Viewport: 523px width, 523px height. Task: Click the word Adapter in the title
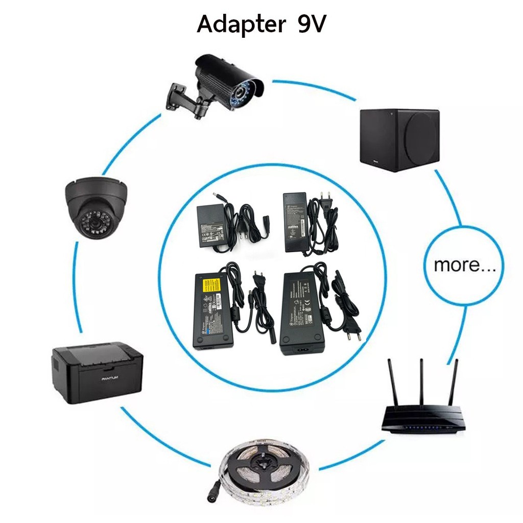click(x=240, y=25)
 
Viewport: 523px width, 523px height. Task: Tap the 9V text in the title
click(x=311, y=23)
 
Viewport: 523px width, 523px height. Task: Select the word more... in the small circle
click(x=464, y=265)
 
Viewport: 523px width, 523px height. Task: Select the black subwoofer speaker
click(x=399, y=139)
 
